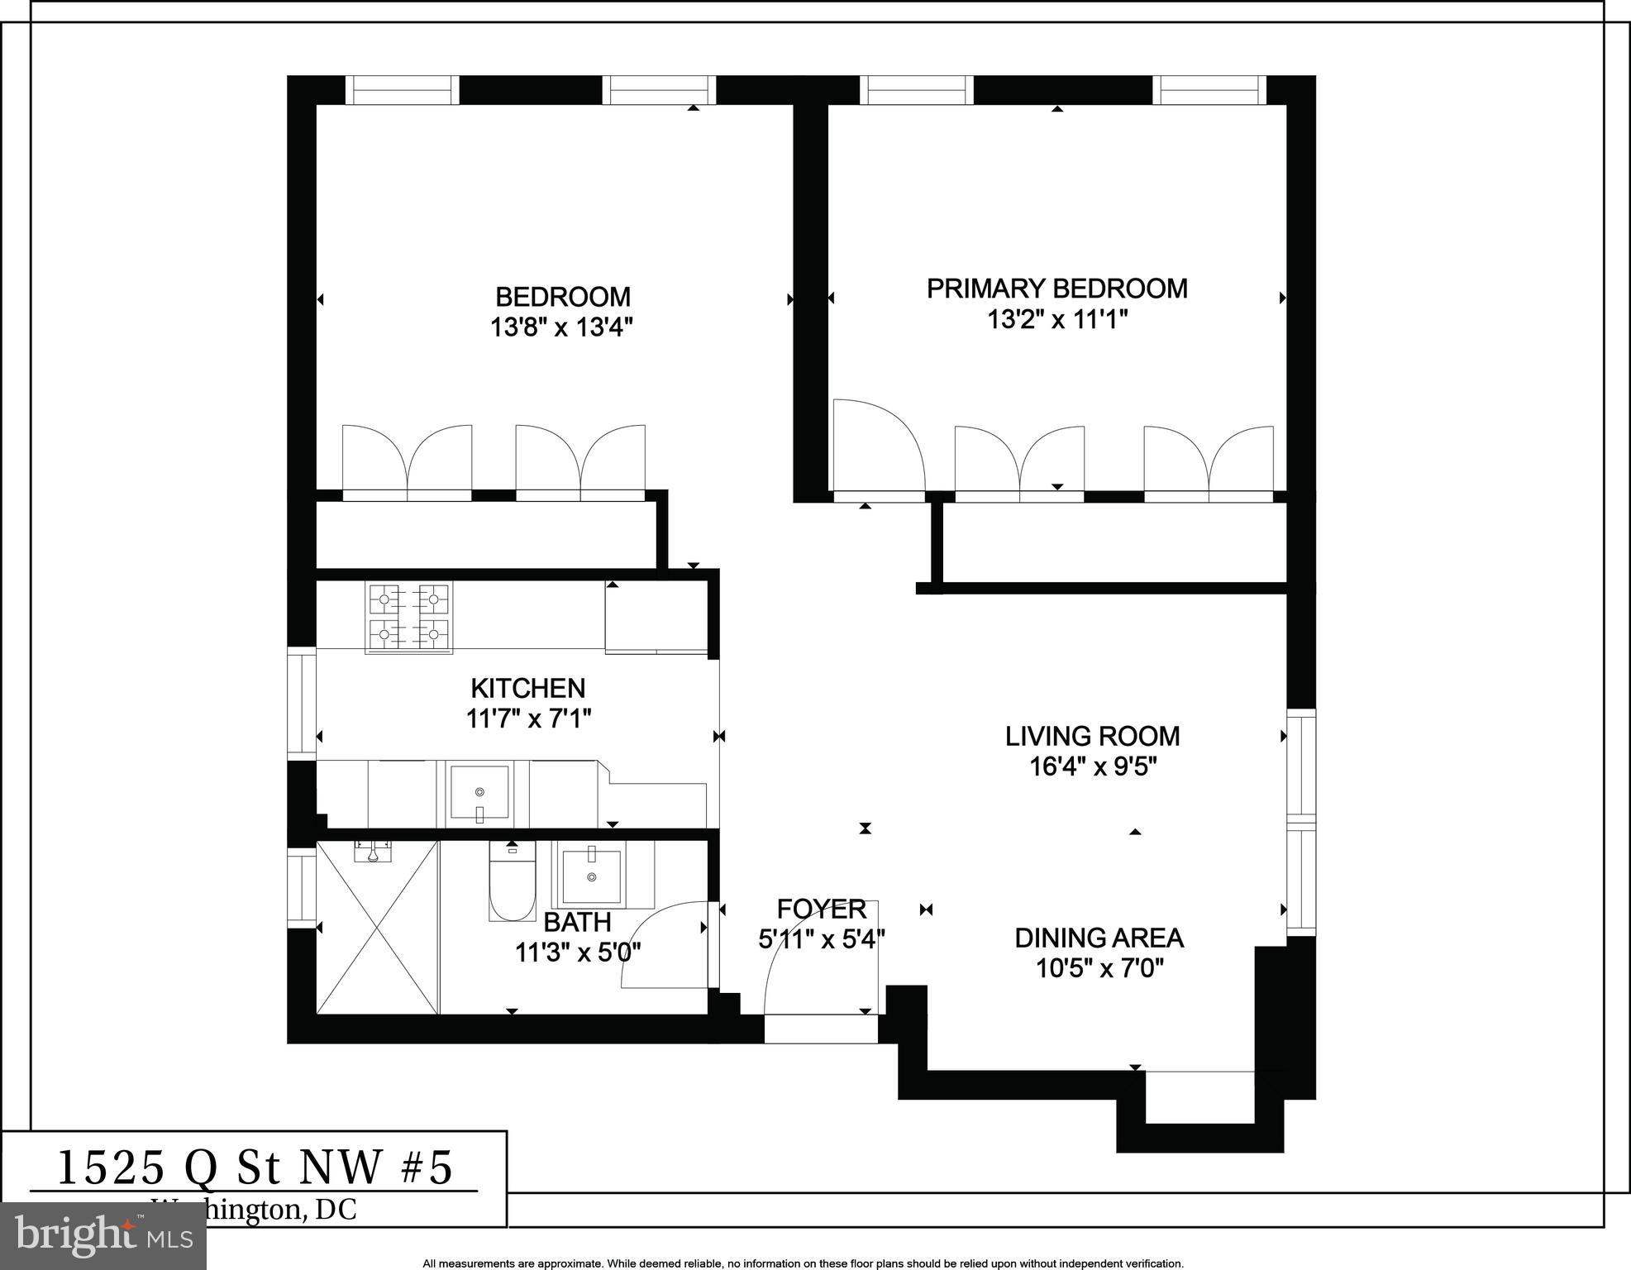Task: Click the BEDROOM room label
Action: click(562, 296)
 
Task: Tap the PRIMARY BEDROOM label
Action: click(1056, 289)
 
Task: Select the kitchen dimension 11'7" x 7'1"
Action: click(529, 719)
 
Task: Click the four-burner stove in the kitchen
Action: click(410, 618)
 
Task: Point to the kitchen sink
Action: click(479, 792)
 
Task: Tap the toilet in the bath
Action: click(512, 881)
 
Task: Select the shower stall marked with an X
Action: click(377, 928)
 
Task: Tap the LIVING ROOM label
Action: click(1092, 736)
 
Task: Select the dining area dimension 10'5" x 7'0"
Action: click(1099, 968)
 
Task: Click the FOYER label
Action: click(821, 910)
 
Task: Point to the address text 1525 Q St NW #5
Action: click(255, 1167)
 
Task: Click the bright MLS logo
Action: click(103, 1236)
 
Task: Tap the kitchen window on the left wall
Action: click(302, 704)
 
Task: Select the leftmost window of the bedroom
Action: click(401, 90)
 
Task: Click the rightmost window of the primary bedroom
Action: click(1209, 90)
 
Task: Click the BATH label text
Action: click(577, 922)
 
